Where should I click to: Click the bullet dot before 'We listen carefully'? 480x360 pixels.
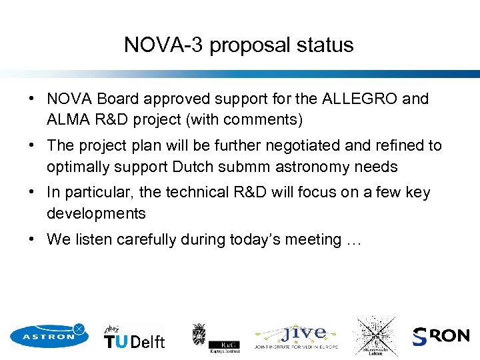pyautogui.click(x=32, y=239)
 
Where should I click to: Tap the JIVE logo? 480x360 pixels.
pyautogui.click(x=297, y=336)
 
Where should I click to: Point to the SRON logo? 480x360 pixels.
pyautogui.click(x=441, y=336)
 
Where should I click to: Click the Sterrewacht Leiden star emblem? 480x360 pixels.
pyautogui.click(x=375, y=335)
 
